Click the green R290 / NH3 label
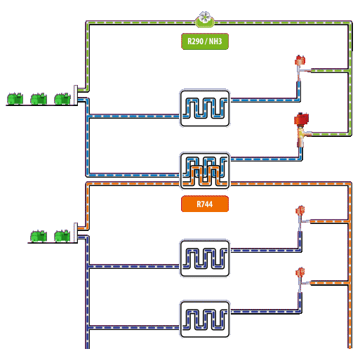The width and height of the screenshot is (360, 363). pyautogui.click(x=205, y=41)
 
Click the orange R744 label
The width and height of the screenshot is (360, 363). pyautogui.click(x=205, y=204)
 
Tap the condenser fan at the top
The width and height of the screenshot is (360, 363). pyautogui.click(x=205, y=19)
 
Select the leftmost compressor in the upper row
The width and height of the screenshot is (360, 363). pyautogui.click(x=15, y=99)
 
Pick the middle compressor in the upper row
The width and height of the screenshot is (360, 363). pyautogui.click(x=39, y=99)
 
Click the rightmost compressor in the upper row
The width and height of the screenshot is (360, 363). pyautogui.click(x=62, y=99)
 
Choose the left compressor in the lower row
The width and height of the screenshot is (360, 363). pyautogui.click(x=39, y=236)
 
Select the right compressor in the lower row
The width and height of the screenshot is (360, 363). pyautogui.click(x=62, y=236)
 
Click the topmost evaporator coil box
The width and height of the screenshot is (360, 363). pyautogui.click(x=205, y=108)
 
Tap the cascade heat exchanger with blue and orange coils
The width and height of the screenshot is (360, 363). pyautogui.click(x=205, y=171)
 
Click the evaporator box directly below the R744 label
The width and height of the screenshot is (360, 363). pyautogui.click(x=205, y=258)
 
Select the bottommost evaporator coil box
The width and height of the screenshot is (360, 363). pyautogui.click(x=205, y=319)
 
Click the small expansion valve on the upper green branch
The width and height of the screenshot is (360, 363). pyautogui.click(x=300, y=65)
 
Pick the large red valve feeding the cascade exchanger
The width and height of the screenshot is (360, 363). pyautogui.click(x=301, y=129)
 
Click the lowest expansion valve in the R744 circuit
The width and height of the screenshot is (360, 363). pyautogui.click(x=300, y=279)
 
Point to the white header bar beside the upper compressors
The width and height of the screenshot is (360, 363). pyautogui.click(x=76, y=95)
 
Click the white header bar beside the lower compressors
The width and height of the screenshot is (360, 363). pyautogui.click(x=76, y=232)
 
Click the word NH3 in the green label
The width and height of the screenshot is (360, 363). pyautogui.click(x=215, y=41)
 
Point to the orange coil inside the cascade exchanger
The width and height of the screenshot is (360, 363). pyautogui.click(x=205, y=176)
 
